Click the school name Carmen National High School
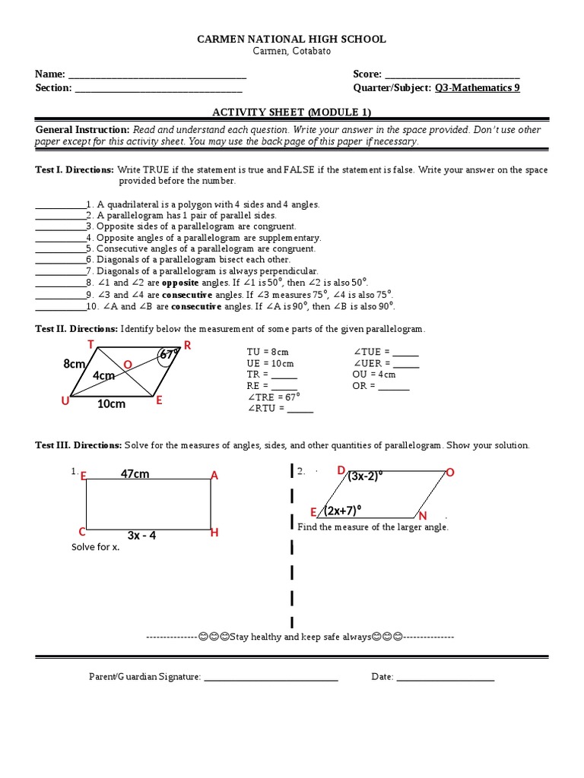click(x=292, y=39)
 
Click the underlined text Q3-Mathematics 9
click(x=478, y=87)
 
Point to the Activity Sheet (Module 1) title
click(x=292, y=112)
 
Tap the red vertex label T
click(x=90, y=344)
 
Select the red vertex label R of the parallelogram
click(x=187, y=346)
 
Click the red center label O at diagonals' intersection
click(x=128, y=365)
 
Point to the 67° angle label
click(x=169, y=354)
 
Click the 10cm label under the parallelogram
click(x=111, y=404)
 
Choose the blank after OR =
click(x=394, y=387)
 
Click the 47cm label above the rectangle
click(x=135, y=474)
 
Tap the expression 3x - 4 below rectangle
click(x=141, y=536)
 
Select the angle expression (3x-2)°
click(x=366, y=476)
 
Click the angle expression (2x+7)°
click(x=342, y=510)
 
